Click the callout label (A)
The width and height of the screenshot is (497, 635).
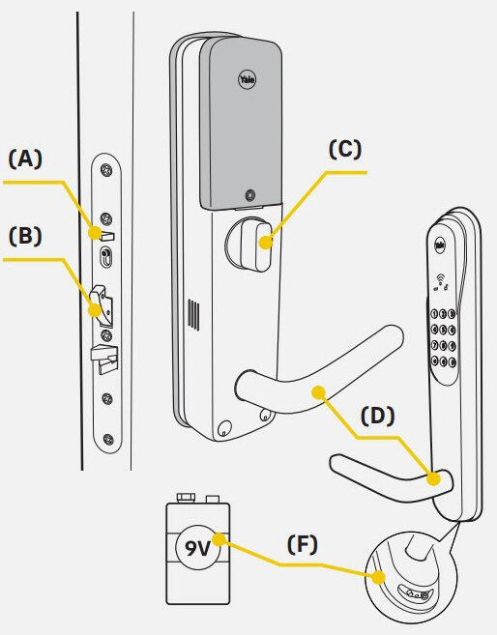click(25, 159)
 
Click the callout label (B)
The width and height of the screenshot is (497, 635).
click(25, 236)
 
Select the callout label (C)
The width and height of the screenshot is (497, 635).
click(344, 150)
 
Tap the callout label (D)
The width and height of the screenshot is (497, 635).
click(377, 416)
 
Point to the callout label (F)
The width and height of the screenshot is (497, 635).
click(303, 544)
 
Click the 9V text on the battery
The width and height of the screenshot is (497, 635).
click(197, 548)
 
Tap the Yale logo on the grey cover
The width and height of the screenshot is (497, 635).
click(247, 79)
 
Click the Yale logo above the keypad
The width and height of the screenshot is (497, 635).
click(440, 245)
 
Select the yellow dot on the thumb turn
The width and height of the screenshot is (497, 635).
click(265, 243)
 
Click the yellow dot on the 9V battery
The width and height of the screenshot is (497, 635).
click(219, 539)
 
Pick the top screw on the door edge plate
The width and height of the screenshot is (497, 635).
click(106, 170)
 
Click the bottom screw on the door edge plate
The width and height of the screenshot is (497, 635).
click(107, 439)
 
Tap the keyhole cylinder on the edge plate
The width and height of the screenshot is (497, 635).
click(105, 256)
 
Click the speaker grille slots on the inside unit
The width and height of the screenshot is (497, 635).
click(193, 315)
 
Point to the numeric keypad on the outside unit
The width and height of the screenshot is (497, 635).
click(443, 337)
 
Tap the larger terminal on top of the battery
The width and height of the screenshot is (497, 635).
click(186, 498)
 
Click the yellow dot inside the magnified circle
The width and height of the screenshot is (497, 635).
click(378, 578)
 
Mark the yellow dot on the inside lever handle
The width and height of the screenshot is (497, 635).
click(319, 392)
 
